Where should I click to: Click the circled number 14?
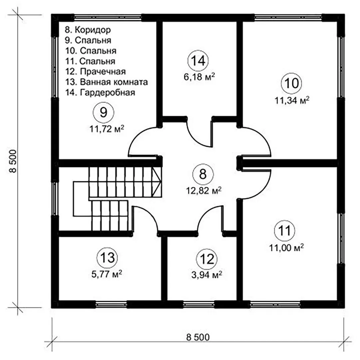click(x=198, y=61)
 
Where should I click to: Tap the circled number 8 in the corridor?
click(x=203, y=174)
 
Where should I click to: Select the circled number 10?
click(x=291, y=83)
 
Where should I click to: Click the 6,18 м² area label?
click(x=199, y=77)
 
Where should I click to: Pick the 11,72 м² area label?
click(x=107, y=129)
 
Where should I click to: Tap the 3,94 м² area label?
click(x=206, y=274)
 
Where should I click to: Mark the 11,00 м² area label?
click(x=287, y=248)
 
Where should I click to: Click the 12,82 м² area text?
click(x=204, y=190)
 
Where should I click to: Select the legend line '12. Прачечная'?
click(x=96, y=72)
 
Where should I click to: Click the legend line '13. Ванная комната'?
click(x=107, y=82)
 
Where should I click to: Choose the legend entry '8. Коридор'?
click(x=88, y=30)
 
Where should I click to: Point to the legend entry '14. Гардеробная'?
click(x=100, y=93)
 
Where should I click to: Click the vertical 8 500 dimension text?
click(x=13, y=161)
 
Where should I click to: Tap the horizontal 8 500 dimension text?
click(x=198, y=337)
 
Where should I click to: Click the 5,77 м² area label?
click(x=107, y=274)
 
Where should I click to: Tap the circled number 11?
click(x=284, y=230)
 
